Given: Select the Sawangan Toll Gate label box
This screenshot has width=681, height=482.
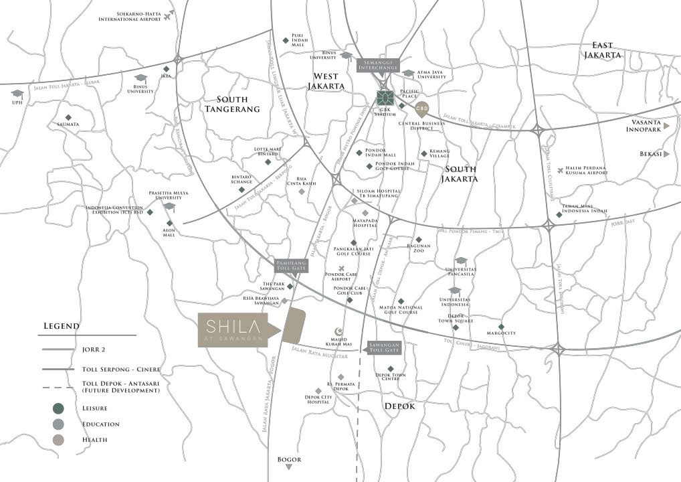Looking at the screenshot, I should [384, 347].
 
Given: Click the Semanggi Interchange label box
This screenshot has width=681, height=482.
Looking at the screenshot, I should [378, 66].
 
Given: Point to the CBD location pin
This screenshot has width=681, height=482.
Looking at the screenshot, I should [421, 108].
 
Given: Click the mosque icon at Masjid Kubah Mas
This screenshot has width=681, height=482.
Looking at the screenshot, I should [338, 331].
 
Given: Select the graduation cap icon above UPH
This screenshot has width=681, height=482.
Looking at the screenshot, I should [17, 94].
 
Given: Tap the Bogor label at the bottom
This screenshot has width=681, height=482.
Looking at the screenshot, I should [289, 459].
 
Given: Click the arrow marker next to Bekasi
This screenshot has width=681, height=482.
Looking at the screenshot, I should [668, 154].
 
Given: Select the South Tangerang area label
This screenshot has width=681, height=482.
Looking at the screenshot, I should [232, 104].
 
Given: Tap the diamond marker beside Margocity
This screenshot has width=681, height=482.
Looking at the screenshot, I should [501, 327].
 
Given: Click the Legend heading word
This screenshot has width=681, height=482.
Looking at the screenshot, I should [62, 326].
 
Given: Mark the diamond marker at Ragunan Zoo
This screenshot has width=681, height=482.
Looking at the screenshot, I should [419, 240].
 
